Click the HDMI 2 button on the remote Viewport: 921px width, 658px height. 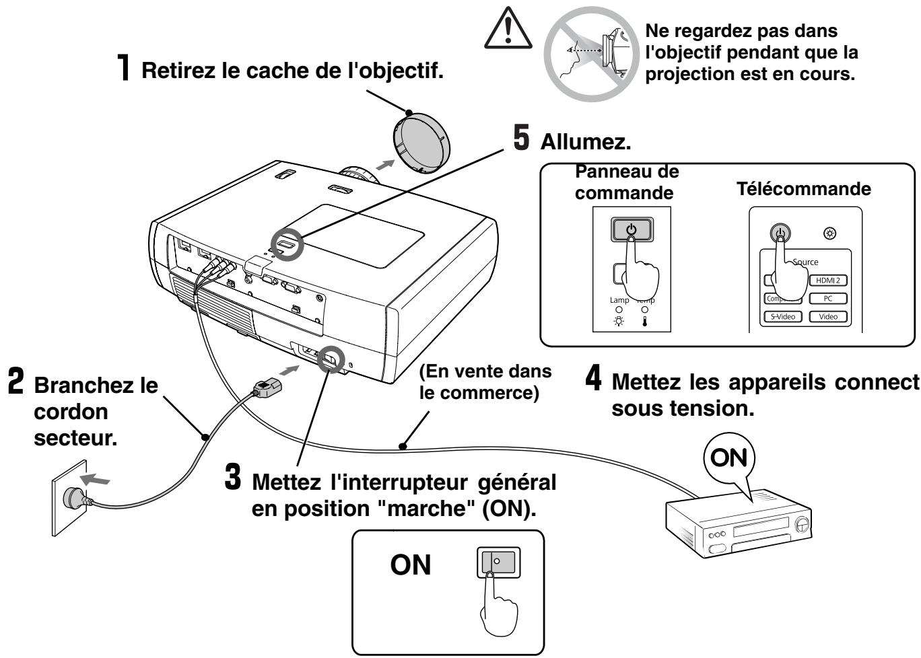[x=827, y=281]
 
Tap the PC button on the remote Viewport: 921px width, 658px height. [x=827, y=298]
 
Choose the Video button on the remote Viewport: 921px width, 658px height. [x=827, y=316]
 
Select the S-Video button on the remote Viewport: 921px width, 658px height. [x=782, y=316]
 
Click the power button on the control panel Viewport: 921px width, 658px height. [x=631, y=229]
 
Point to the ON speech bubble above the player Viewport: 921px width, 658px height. [x=729, y=458]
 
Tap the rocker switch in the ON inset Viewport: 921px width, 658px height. [x=495, y=561]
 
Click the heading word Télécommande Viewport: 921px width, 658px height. [x=804, y=188]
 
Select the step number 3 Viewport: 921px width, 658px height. [x=232, y=480]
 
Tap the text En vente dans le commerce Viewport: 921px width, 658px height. [x=485, y=381]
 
